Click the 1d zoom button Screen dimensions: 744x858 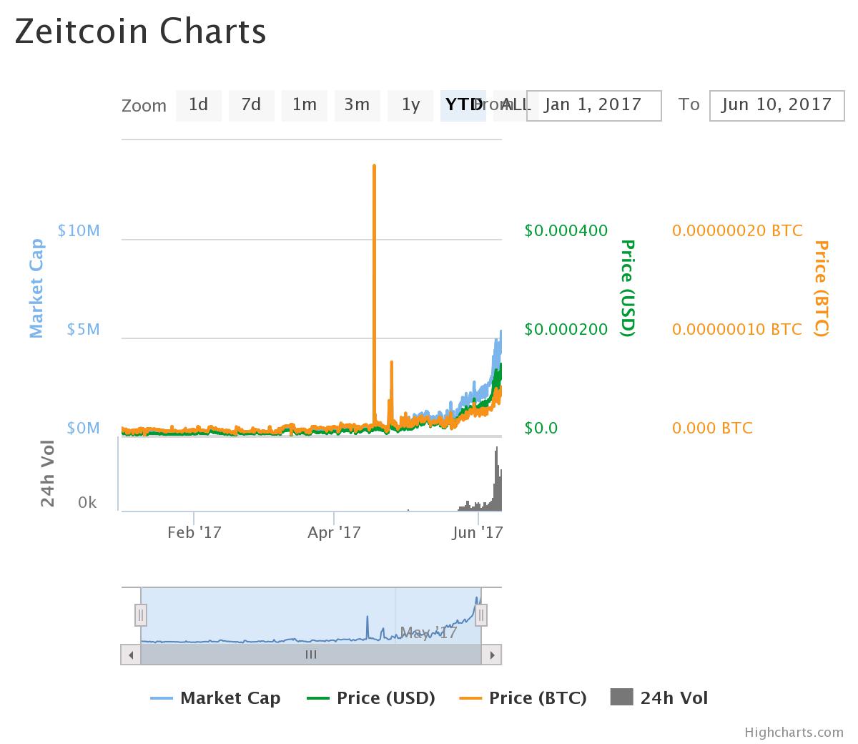coord(198,105)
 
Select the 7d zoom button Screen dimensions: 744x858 coord(251,105)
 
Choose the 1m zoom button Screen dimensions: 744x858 coord(304,105)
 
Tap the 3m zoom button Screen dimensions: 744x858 coord(357,105)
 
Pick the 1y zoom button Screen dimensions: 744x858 coord(410,105)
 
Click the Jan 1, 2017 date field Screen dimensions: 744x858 coord(593,105)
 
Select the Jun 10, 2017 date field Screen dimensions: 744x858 coord(776,105)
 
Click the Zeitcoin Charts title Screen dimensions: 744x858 coord(140,31)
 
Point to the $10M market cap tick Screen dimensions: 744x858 coord(79,230)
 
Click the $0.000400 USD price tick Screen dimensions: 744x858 coord(566,230)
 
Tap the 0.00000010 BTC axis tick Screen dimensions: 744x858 coord(736,329)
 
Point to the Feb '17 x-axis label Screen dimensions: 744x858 coord(194,532)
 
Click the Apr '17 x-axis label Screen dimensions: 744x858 coord(334,532)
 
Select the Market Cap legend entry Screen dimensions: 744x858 coord(215,697)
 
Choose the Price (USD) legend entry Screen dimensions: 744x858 coord(370,697)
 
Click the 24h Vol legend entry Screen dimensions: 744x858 coord(659,697)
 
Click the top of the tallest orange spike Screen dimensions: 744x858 coord(374,167)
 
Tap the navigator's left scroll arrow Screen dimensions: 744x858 coord(130,654)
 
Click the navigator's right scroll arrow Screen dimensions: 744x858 coord(491,654)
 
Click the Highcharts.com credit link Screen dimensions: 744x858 coord(794,732)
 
